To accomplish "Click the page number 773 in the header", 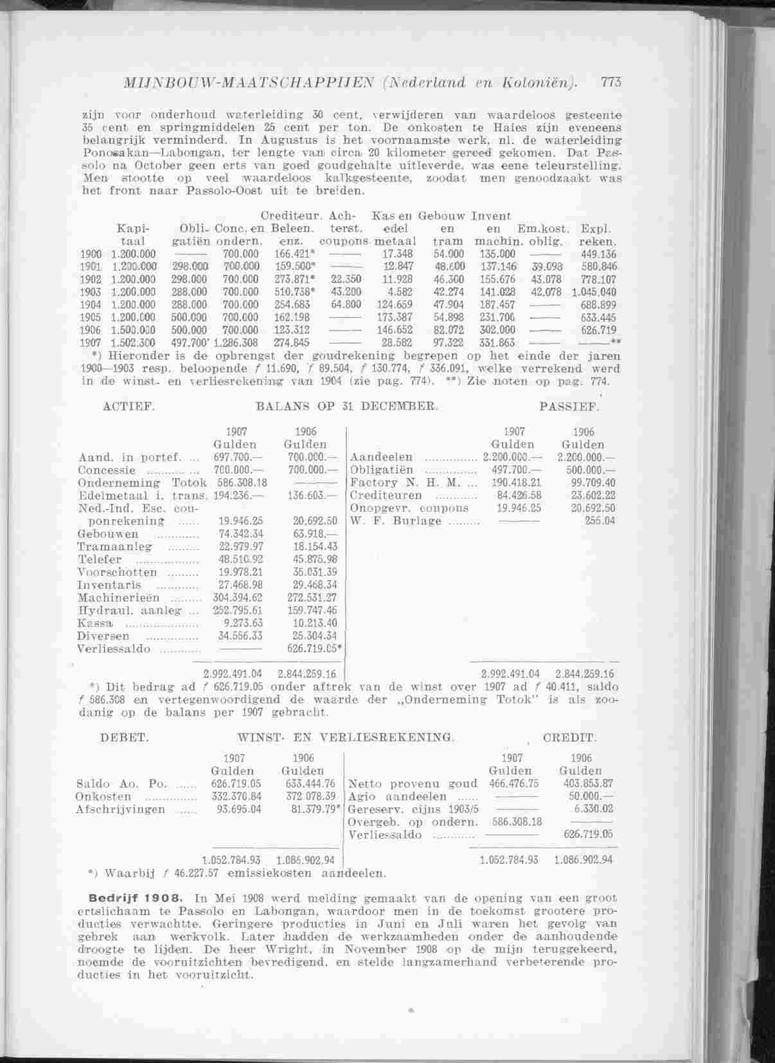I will point(610,82).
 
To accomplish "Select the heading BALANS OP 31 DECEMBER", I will point(347,406).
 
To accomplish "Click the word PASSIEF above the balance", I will point(569,407).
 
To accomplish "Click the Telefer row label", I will point(100,559).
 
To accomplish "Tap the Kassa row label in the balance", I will point(95,623).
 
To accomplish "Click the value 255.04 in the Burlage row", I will point(600,521).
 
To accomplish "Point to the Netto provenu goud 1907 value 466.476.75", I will point(514,783).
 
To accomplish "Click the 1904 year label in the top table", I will point(91,305).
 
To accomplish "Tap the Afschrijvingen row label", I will point(120,809).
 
